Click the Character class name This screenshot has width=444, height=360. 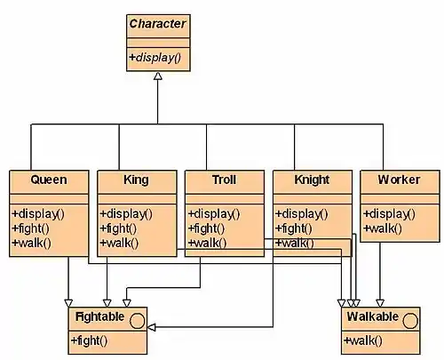157,24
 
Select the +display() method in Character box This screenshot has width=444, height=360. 155,58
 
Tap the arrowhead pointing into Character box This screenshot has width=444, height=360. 158,76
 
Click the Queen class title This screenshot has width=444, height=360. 49,180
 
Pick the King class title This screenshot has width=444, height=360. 136,180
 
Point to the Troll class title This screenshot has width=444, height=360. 224,180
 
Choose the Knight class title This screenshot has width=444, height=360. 312,180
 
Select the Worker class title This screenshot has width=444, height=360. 399,180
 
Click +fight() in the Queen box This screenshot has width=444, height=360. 30,228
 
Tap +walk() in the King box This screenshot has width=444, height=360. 119,243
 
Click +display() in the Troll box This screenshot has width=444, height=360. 214,214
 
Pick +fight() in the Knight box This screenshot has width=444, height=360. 293,228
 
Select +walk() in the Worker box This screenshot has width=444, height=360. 383,228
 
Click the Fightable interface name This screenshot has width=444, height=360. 99,316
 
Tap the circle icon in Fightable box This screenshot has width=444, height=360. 138,321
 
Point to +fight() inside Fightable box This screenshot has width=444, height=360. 89,340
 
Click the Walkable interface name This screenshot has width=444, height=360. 373,316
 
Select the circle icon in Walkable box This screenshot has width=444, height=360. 410,321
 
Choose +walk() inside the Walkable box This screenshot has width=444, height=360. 362,340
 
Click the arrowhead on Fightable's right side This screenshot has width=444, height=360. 151,327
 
